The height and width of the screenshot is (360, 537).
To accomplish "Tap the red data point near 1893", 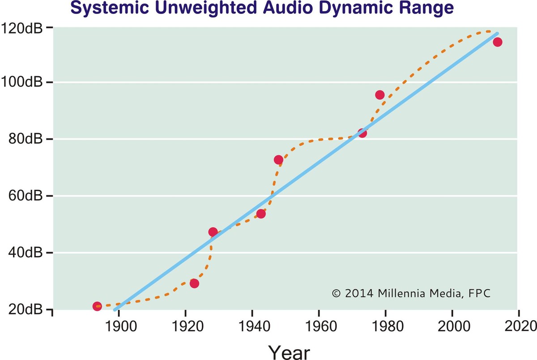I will coord(97,306).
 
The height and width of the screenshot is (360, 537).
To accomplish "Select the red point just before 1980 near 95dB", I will coord(380,95).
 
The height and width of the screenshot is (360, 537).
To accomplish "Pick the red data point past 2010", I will coord(497,42).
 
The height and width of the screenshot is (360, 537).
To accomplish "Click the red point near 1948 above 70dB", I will coord(278,160).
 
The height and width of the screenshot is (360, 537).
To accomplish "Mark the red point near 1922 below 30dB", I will coord(194,283).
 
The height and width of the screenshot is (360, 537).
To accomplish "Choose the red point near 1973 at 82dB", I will coord(362,133).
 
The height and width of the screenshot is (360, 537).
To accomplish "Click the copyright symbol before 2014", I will coord(337,294).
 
